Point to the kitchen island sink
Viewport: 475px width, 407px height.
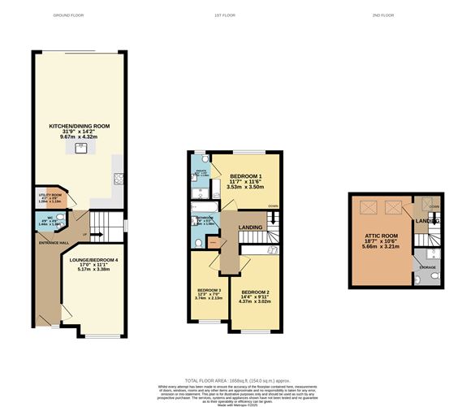[81, 148]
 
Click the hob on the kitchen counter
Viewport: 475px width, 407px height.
[118, 180]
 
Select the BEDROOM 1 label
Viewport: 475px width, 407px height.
[245, 176]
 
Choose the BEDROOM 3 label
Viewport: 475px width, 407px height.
[209, 289]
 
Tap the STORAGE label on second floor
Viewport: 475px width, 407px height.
[427, 266]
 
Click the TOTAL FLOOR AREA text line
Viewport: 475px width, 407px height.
[236, 380]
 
